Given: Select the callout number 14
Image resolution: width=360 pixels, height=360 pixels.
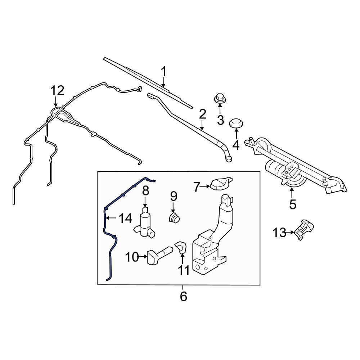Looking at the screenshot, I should [x=125, y=218].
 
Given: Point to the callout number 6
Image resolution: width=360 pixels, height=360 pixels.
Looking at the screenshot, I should [x=183, y=297].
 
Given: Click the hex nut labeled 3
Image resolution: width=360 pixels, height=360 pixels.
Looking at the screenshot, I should [x=219, y=98].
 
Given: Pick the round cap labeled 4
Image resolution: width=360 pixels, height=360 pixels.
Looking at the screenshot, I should [x=236, y=123].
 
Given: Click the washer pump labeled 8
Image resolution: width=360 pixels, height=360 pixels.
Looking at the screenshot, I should [x=145, y=223].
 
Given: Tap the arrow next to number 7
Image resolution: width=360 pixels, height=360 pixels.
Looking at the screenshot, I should [x=206, y=186].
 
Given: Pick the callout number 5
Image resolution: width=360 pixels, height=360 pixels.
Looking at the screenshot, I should [x=292, y=204].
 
